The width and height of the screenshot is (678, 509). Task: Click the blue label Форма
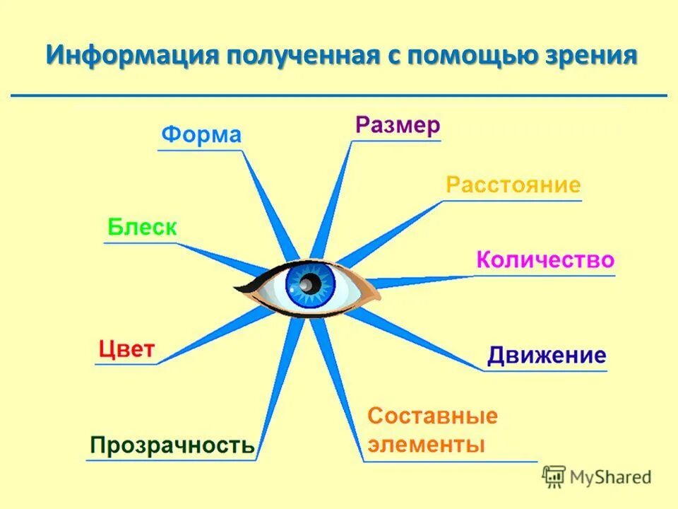click(201, 134)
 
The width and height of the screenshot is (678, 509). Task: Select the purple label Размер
click(398, 125)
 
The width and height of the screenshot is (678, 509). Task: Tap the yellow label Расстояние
click(513, 185)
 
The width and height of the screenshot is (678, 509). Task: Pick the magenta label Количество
click(545, 259)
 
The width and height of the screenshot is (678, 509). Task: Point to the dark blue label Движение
click(547, 355)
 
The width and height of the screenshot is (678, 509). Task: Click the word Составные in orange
click(432, 416)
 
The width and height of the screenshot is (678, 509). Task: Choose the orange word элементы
click(426, 445)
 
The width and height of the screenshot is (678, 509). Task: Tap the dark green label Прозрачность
click(172, 445)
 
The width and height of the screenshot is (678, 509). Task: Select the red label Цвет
click(126, 349)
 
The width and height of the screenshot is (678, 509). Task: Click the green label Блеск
click(142, 227)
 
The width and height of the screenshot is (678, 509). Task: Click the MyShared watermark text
click(611, 476)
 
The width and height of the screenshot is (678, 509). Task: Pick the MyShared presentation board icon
click(554, 476)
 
